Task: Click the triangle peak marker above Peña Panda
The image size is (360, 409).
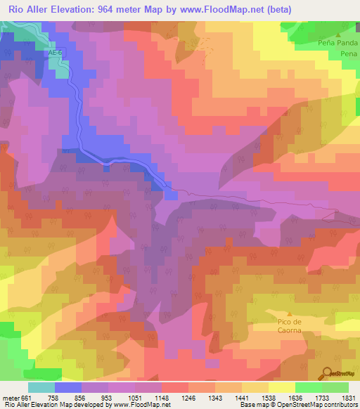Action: coord(338,34)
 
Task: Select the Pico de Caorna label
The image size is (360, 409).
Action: coord(288,326)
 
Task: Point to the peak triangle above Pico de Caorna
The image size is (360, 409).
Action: coord(288,313)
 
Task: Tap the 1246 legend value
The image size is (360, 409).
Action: coord(189,398)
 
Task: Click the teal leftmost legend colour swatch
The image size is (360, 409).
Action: coord(41,387)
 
